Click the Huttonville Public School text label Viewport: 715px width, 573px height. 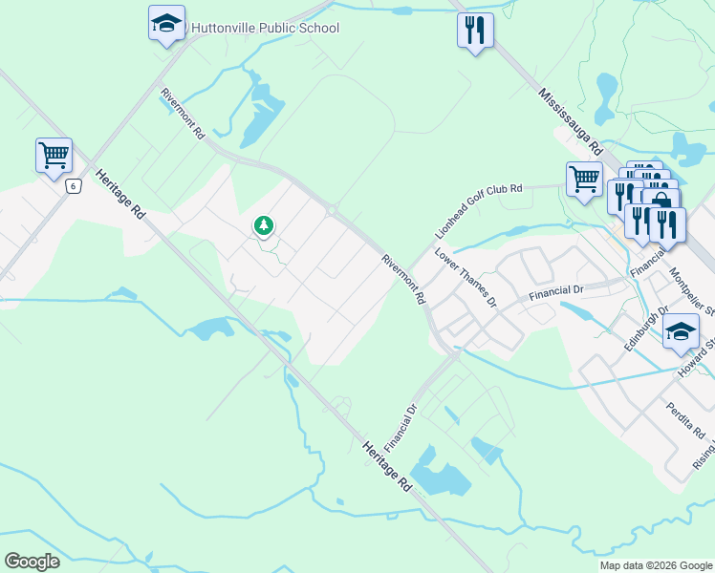pyautogui.click(x=266, y=28)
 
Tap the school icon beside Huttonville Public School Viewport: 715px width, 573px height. pyautogui.click(x=166, y=23)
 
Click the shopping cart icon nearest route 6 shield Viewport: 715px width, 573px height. pyautogui.click(x=54, y=155)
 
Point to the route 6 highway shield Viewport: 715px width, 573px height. pyautogui.click(x=73, y=186)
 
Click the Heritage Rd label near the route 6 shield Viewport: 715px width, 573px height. pyautogui.click(x=119, y=196)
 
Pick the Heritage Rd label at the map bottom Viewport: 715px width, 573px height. pyautogui.click(x=387, y=466)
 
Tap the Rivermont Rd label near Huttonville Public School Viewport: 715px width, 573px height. pyautogui.click(x=183, y=115)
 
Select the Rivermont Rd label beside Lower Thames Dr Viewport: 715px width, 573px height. pyautogui.click(x=402, y=279)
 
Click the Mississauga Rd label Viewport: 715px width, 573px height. pyautogui.click(x=571, y=123)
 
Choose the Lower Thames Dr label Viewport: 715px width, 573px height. pyautogui.click(x=466, y=278)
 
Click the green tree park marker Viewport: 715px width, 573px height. pyautogui.click(x=264, y=225)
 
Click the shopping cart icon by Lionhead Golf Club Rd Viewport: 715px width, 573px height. pyautogui.click(x=583, y=178)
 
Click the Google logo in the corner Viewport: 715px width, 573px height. pyautogui.click(x=32, y=562)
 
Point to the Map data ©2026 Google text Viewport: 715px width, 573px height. pyautogui.click(x=656, y=565)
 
